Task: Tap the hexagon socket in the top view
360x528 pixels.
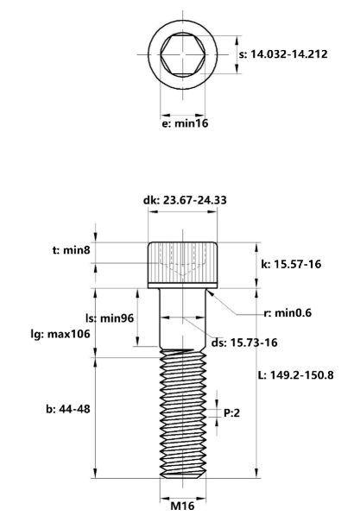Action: [182, 54]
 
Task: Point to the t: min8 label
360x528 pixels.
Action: [71, 249]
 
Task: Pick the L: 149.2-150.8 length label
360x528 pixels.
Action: [300, 375]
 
